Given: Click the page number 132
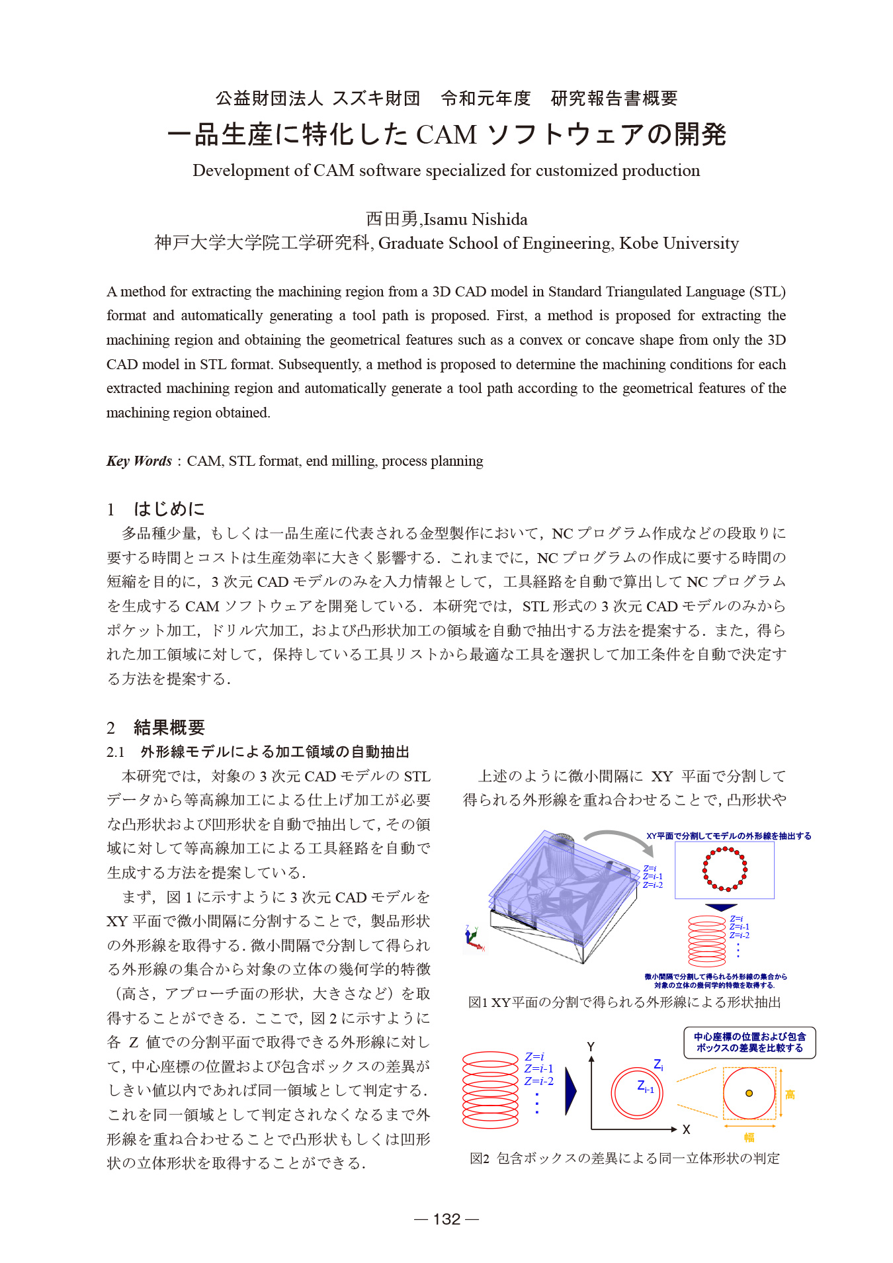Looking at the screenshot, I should click(x=446, y=1219).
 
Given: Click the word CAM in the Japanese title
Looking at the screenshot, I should click(x=446, y=135).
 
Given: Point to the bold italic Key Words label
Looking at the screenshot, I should click(x=139, y=461).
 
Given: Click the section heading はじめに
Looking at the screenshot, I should click(x=169, y=509).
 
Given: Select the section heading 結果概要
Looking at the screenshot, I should click(x=169, y=728).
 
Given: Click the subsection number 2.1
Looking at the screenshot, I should click(x=116, y=752).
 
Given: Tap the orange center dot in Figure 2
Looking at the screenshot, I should click(x=749, y=1094).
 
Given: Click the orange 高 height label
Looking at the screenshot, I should click(x=790, y=1095).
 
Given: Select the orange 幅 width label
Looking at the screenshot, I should click(x=749, y=1137).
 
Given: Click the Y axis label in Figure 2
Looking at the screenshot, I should click(x=591, y=1047).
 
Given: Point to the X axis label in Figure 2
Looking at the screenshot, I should click(x=687, y=1130).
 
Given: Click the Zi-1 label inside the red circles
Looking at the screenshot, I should click(x=645, y=1087).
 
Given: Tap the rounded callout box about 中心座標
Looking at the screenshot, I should click(x=749, y=1043).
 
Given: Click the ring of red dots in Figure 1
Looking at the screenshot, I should click(x=724, y=869).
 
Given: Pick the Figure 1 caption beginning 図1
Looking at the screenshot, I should click(x=624, y=1002).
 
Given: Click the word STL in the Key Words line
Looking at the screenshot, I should click(x=242, y=461).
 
